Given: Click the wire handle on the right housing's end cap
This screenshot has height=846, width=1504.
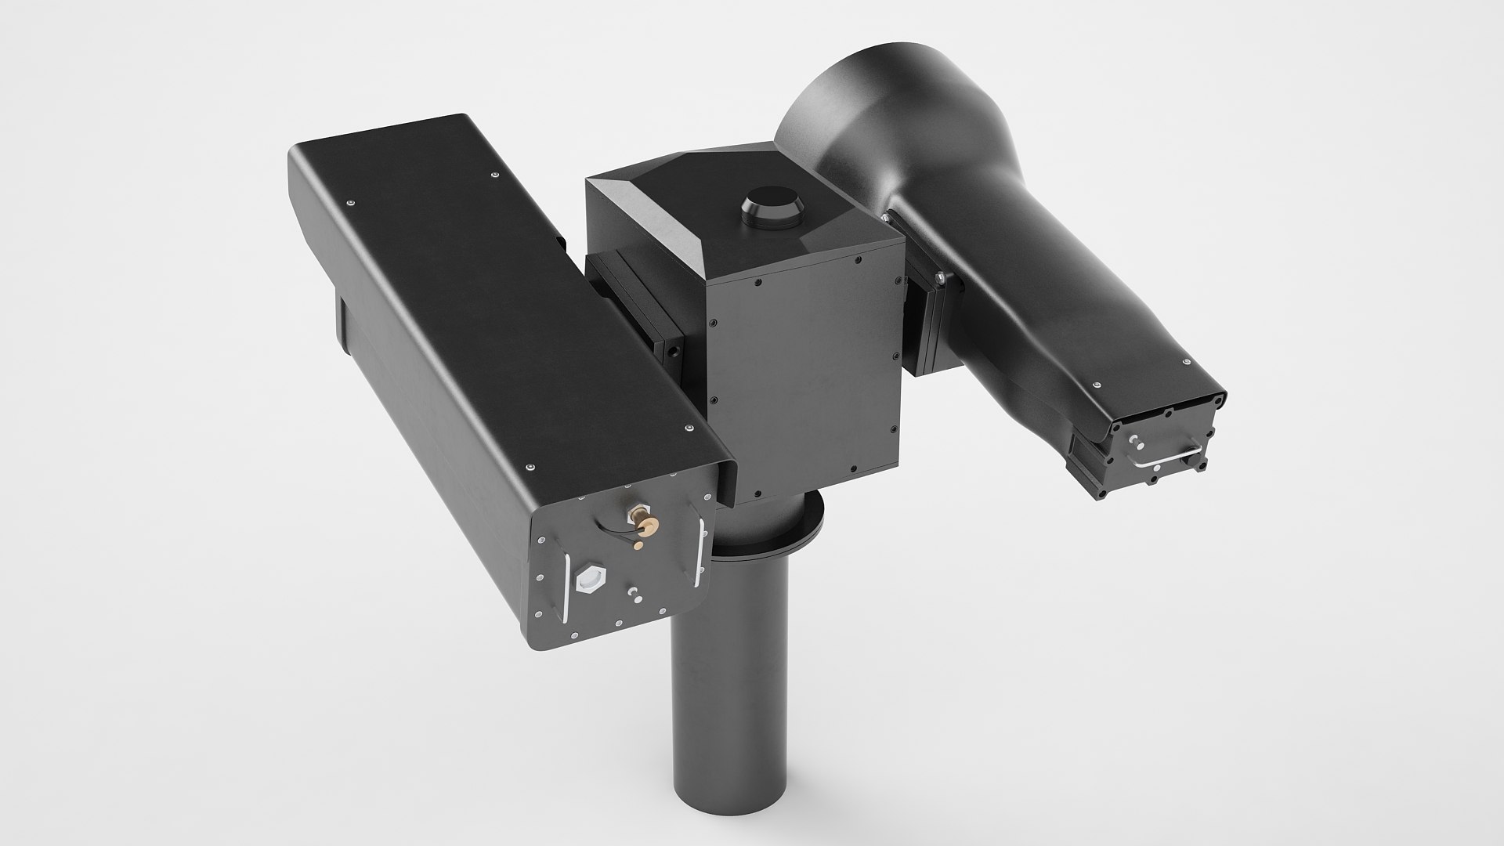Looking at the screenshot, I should coord(1167,459).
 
